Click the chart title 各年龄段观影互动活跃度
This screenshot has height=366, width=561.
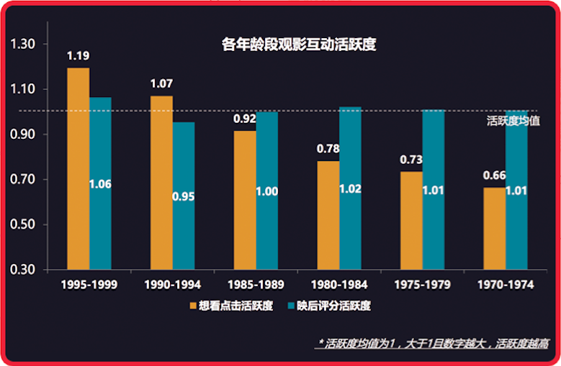[299, 45]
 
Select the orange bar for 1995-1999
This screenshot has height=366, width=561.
[78, 169]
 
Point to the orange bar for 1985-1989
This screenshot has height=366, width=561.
[245, 200]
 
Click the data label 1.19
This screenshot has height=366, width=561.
[78, 55]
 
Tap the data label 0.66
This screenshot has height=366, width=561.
[494, 175]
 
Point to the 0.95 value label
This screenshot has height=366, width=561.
[184, 196]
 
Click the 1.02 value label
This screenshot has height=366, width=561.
[350, 191]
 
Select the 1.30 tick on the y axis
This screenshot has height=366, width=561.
[24, 44]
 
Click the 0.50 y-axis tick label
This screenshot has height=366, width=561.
[24, 224]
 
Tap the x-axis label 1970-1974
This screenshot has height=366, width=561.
[506, 285]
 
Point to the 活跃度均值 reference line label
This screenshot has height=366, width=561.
[513, 120]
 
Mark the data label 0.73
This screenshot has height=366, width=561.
[411, 159]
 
